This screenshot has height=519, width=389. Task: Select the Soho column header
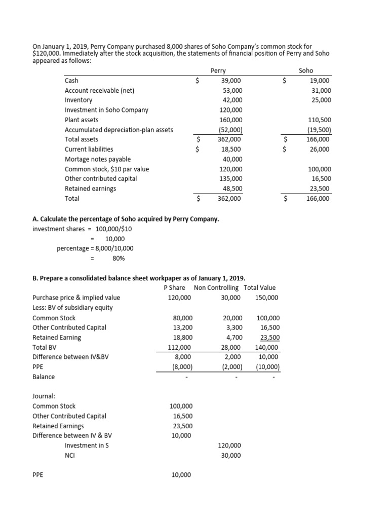(x=306, y=71)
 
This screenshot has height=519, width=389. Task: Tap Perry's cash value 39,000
(x=231, y=81)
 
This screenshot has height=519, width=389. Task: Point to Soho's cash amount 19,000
(x=320, y=81)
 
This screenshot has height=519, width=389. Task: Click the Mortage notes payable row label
(x=98, y=159)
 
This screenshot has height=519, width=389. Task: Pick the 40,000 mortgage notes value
(x=232, y=159)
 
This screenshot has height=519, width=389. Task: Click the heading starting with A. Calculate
(x=126, y=219)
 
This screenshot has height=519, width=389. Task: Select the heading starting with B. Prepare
(x=139, y=278)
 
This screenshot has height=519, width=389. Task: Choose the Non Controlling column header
(x=216, y=288)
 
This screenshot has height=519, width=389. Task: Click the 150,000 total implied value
(x=266, y=298)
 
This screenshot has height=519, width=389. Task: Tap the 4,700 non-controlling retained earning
(x=233, y=337)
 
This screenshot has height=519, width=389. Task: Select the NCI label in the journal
(x=70, y=455)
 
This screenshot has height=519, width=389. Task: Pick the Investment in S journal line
(x=87, y=445)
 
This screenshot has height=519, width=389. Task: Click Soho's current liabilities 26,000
(x=320, y=149)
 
